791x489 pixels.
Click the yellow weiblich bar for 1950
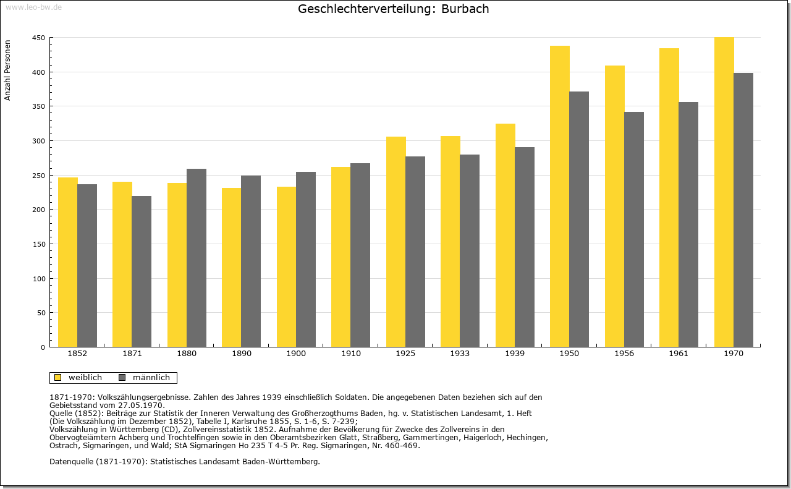point(560,197)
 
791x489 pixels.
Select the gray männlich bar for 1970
point(743,210)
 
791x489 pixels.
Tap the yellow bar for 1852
point(68,262)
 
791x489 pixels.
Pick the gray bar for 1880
point(197,258)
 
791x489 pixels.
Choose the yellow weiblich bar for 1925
point(396,242)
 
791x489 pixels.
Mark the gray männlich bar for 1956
point(634,229)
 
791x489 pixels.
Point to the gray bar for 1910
point(360,255)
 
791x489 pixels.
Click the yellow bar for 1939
point(505,236)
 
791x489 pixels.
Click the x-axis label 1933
point(460,354)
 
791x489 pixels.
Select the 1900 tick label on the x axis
point(296,354)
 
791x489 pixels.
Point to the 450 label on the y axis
point(38,38)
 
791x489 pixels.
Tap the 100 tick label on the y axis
point(38,279)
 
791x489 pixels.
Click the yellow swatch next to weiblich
point(58,378)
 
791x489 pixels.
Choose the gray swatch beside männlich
point(122,378)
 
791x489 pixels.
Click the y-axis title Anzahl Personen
point(7,70)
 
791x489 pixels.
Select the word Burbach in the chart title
point(465,9)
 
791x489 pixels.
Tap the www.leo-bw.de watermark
point(33,7)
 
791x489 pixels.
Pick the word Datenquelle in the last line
point(72,462)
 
